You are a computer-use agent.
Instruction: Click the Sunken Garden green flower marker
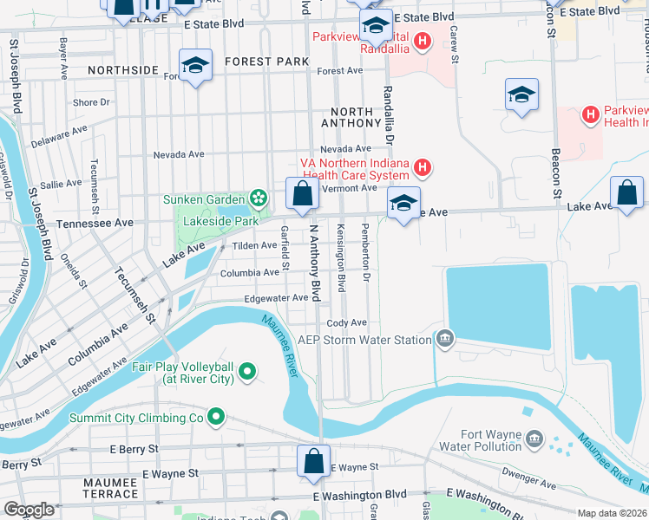point(258,199)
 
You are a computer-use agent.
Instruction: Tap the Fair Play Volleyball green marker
point(247,373)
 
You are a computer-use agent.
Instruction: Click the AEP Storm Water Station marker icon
point(444,339)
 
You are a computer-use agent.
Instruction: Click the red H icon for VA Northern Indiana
point(422,167)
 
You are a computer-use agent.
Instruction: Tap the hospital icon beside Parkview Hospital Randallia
point(423,41)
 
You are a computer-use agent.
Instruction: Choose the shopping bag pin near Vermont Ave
point(301,194)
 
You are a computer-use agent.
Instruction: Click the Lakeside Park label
point(220,222)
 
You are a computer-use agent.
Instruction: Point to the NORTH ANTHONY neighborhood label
point(351,118)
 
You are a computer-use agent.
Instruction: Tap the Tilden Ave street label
point(252,246)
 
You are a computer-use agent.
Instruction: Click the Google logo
point(29,510)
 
